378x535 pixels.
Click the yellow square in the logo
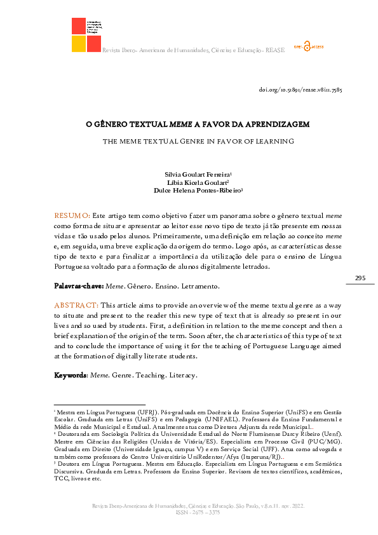point(79,43)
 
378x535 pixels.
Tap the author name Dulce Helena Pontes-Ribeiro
point(197,189)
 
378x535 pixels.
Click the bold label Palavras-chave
point(76,287)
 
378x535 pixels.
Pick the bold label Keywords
point(70,376)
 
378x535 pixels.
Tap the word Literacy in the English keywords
point(183,376)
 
